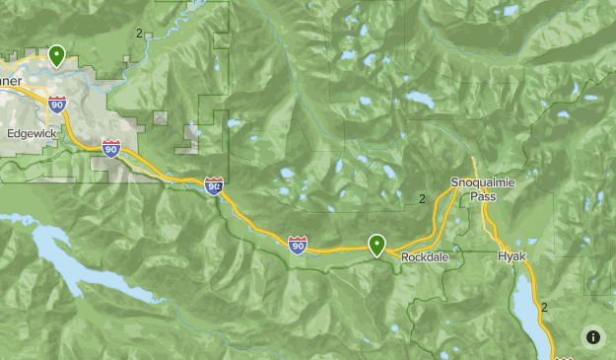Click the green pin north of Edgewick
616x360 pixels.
[x=57, y=56]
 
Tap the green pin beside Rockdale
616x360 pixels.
[x=376, y=245]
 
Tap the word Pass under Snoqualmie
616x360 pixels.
[x=483, y=196]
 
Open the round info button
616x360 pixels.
[x=592, y=336]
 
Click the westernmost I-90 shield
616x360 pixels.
[x=57, y=104]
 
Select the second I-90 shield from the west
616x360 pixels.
[x=111, y=149]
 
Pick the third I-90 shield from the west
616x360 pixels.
[x=214, y=184]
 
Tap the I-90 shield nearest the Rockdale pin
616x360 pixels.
[x=298, y=244]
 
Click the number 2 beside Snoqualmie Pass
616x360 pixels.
[x=422, y=199]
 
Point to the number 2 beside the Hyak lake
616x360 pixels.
[x=543, y=308]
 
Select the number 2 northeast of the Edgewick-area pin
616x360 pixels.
[x=139, y=33]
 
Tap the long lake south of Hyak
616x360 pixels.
[x=528, y=311]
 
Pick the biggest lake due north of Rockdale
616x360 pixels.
[x=417, y=100]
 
